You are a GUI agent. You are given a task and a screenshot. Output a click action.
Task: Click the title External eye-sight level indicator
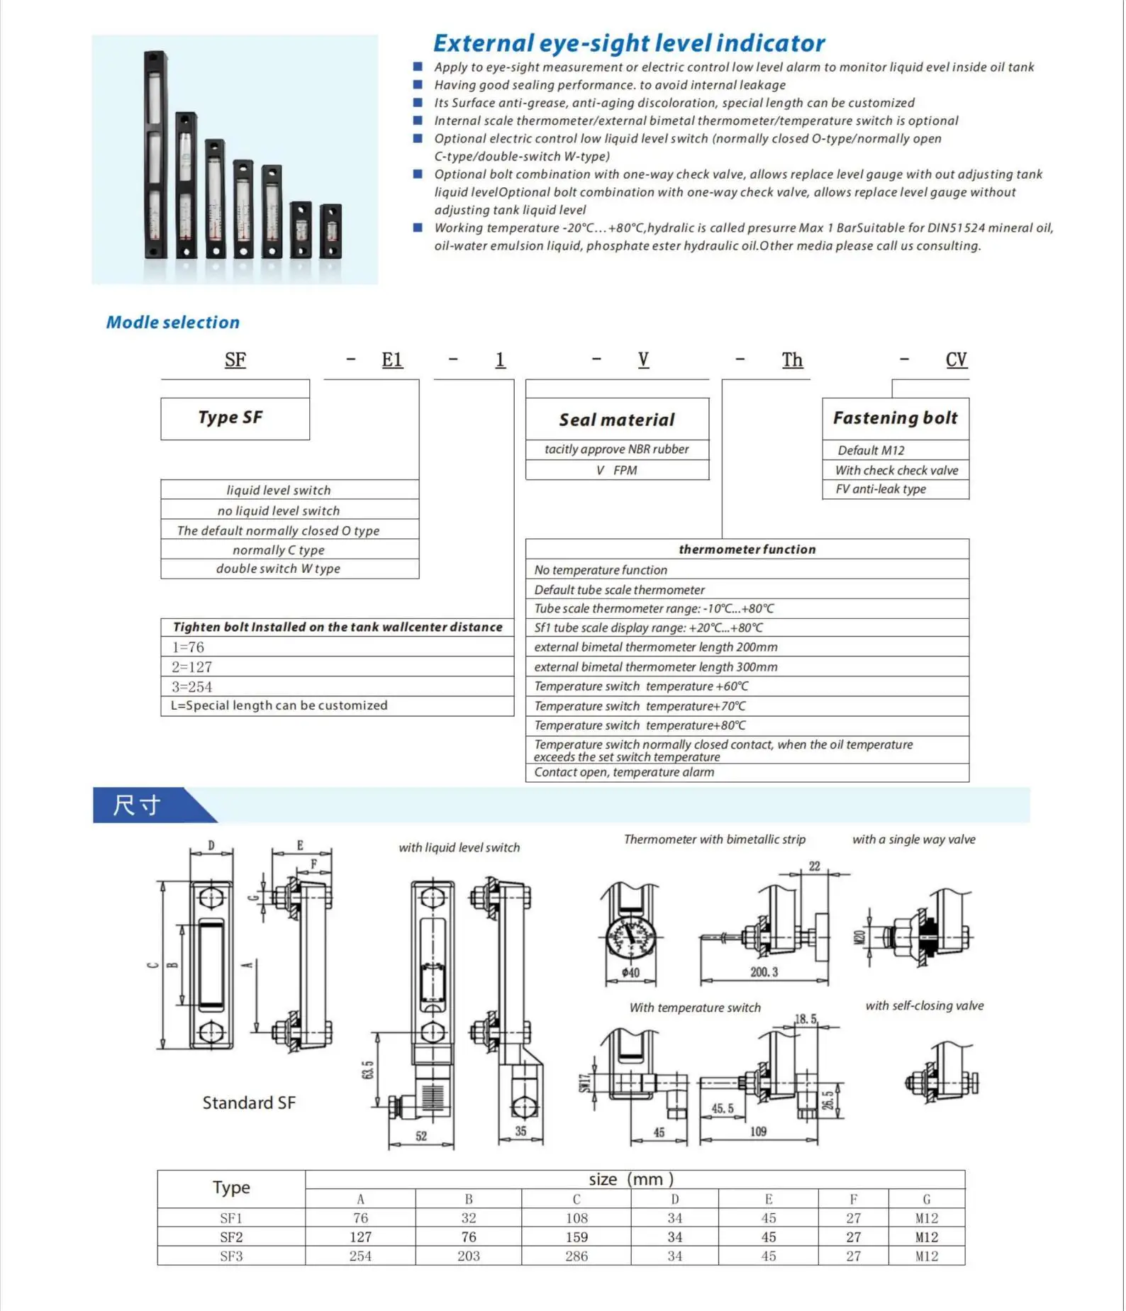click(628, 43)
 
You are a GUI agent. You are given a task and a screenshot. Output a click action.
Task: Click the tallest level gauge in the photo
click(155, 155)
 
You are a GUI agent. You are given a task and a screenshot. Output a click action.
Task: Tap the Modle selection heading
click(173, 323)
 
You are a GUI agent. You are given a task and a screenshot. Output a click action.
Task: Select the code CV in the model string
click(955, 360)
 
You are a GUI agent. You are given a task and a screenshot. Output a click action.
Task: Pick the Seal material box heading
click(616, 420)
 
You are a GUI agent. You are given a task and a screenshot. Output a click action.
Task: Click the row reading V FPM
click(616, 470)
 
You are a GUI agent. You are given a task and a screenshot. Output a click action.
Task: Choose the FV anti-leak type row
click(881, 489)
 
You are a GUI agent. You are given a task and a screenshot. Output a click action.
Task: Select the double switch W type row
click(278, 569)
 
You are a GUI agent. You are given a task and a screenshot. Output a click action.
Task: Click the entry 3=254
click(192, 686)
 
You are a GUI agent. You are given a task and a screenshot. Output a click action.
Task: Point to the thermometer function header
click(747, 549)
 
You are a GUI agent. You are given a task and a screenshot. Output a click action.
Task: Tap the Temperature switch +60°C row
click(641, 686)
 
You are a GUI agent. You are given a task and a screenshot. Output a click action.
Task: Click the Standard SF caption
click(248, 1103)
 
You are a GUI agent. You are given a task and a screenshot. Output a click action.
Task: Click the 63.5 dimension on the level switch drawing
click(368, 1070)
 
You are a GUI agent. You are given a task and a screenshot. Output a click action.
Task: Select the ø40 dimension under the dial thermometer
click(630, 973)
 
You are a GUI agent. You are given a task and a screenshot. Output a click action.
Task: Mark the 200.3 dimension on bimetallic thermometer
click(764, 972)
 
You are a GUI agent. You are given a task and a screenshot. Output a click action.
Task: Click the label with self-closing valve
click(924, 1005)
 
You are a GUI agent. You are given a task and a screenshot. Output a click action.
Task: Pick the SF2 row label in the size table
click(231, 1237)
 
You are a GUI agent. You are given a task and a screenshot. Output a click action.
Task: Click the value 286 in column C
click(576, 1256)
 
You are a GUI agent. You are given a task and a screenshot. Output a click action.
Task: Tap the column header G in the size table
click(926, 1199)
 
